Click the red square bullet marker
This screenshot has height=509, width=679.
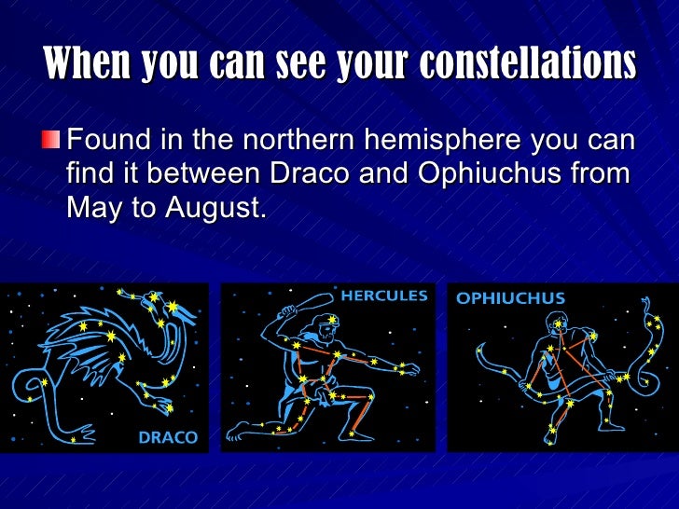(x=55, y=142)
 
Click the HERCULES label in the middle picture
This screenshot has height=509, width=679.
(x=383, y=296)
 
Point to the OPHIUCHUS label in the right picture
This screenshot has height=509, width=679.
(x=509, y=298)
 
